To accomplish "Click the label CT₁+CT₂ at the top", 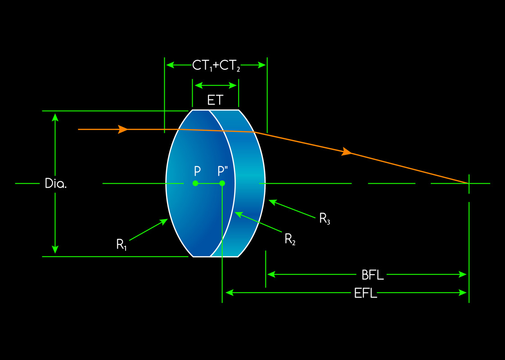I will tap(216, 66).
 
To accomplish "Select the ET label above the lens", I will tap(215, 100).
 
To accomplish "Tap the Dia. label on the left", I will tap(56, 184).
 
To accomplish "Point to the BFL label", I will tap(373, 274).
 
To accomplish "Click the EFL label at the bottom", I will tap(365, 293).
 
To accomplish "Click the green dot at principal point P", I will tap(195, 183).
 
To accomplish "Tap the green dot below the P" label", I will tap(222, 183).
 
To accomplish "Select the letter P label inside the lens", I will tap(197, 171).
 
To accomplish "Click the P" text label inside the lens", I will tap(223, 171).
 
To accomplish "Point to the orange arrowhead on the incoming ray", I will tap(122, 130).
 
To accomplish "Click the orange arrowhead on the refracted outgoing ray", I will tap(347, 152).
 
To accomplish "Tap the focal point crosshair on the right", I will tap(469, 183).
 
